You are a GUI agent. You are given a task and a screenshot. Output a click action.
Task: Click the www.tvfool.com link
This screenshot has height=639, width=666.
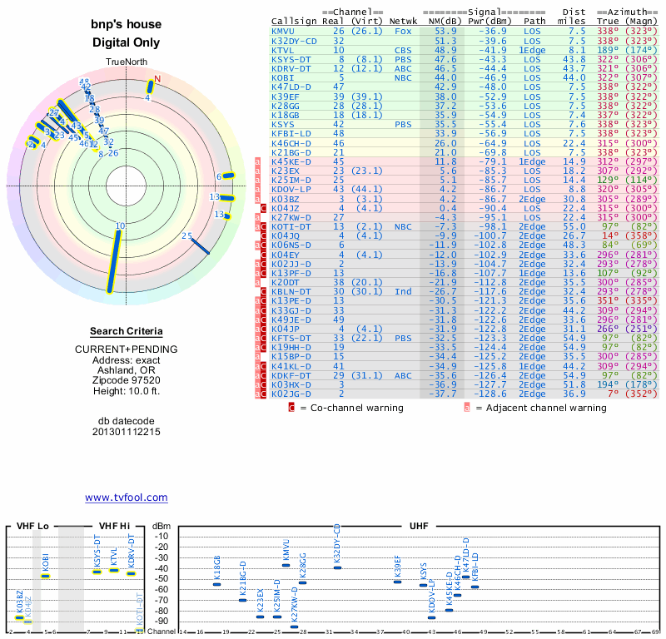click(127, 498)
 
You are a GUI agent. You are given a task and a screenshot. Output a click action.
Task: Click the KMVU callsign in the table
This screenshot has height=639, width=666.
click(284, 31)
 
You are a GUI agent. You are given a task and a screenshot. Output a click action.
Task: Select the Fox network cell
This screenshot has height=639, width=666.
click(403, 31)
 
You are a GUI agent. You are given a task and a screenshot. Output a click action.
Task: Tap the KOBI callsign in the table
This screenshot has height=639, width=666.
click(284, 77)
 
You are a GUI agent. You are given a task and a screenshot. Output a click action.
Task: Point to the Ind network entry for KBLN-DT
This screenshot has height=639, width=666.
click(403, 291)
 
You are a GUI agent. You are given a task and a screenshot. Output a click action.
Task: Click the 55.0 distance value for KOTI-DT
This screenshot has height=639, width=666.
click(577, 226)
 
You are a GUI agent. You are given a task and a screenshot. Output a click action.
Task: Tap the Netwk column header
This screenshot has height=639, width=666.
click(404, 20)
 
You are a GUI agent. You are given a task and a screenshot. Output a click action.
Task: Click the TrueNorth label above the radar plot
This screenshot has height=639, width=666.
click(126, 63)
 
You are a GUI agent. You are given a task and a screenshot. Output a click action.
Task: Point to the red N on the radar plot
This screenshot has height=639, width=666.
click(157, 79)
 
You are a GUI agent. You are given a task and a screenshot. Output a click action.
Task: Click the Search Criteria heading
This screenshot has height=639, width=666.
click(126, 331)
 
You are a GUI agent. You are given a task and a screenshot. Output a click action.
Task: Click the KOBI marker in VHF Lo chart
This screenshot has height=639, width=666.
click(46, 576)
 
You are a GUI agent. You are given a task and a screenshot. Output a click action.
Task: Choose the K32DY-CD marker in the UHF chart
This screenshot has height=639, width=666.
click(337, 567)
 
